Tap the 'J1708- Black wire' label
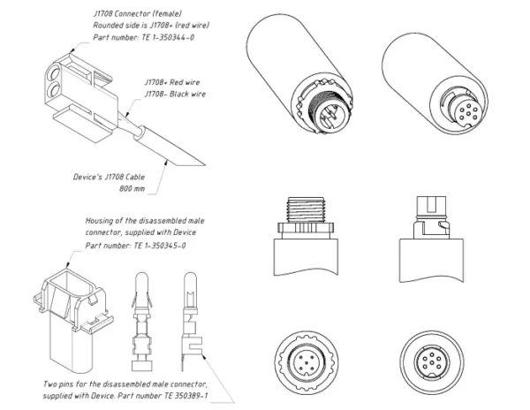coord(175,94)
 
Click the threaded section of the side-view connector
coord(306,208)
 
